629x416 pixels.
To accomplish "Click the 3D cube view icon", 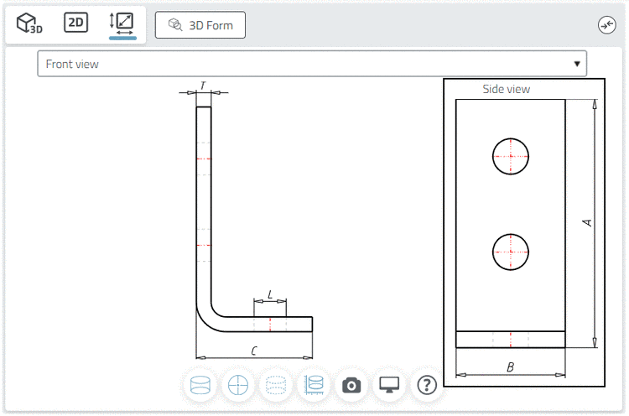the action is (x=29, y=23).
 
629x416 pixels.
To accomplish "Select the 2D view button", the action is (x=75, y=23).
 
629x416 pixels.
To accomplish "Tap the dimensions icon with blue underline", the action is (x=122, y=25).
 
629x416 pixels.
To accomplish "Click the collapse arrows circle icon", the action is (x=606, y=25).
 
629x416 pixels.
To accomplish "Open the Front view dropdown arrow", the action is (x=577, y=64).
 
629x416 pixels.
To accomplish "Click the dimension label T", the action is (x=203, y=86).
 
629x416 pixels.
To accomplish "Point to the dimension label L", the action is (x=270, y=295).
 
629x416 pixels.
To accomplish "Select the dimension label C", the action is (x=254, y=351).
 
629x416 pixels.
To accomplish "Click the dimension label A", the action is (x=587, y=222).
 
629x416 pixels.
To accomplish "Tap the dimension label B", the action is (x=510, y=367).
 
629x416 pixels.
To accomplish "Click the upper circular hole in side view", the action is (x=510, y=157).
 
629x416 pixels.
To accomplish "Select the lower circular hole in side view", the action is (x=510, y=252).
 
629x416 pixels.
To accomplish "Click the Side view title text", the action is (x=507, y=89).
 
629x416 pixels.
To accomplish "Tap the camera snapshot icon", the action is (x=351, y=386).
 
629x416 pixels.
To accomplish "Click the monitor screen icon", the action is (x=389, y=385).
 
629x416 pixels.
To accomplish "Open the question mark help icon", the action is (x=427, y=385).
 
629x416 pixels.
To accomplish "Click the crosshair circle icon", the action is (x=238, y=385).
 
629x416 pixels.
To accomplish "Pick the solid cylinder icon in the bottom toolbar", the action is (x=200, y=385).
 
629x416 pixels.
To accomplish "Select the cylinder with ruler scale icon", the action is (x=314, y=385).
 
